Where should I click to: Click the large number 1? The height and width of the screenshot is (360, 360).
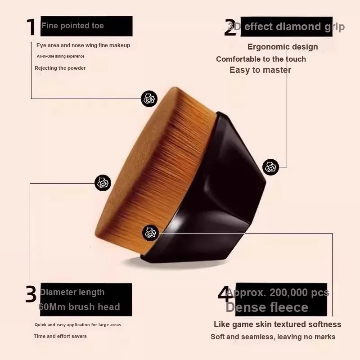31,27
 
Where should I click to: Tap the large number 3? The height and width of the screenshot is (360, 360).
31,294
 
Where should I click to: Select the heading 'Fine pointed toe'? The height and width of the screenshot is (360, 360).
72,26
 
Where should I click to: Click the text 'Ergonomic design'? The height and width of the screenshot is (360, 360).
283,47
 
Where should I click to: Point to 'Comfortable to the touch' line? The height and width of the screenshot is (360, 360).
261,59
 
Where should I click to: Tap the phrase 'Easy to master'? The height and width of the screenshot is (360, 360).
261,70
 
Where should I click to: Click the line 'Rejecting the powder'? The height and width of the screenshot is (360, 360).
60,68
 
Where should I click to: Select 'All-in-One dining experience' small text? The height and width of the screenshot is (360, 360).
61,56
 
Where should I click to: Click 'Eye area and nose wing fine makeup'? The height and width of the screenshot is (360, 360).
83,45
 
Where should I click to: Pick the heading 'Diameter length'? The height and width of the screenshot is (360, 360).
72,292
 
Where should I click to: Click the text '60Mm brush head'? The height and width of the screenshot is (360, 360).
79,307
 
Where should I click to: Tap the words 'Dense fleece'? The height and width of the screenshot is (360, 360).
267,307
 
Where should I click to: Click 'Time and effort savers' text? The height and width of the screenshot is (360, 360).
60,336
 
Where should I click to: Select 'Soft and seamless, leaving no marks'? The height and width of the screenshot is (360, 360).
273,337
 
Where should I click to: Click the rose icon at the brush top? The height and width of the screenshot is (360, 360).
149,99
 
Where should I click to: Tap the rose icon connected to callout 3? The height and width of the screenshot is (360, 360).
103,183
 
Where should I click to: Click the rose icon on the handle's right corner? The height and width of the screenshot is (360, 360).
271,167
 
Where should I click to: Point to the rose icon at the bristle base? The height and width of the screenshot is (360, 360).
151,233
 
